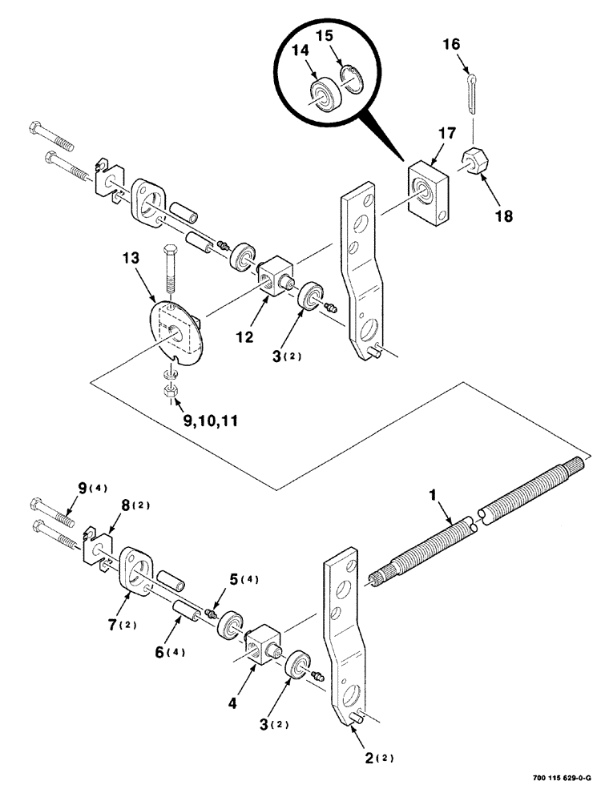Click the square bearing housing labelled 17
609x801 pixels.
pyautogui.click(x=430, y=190)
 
